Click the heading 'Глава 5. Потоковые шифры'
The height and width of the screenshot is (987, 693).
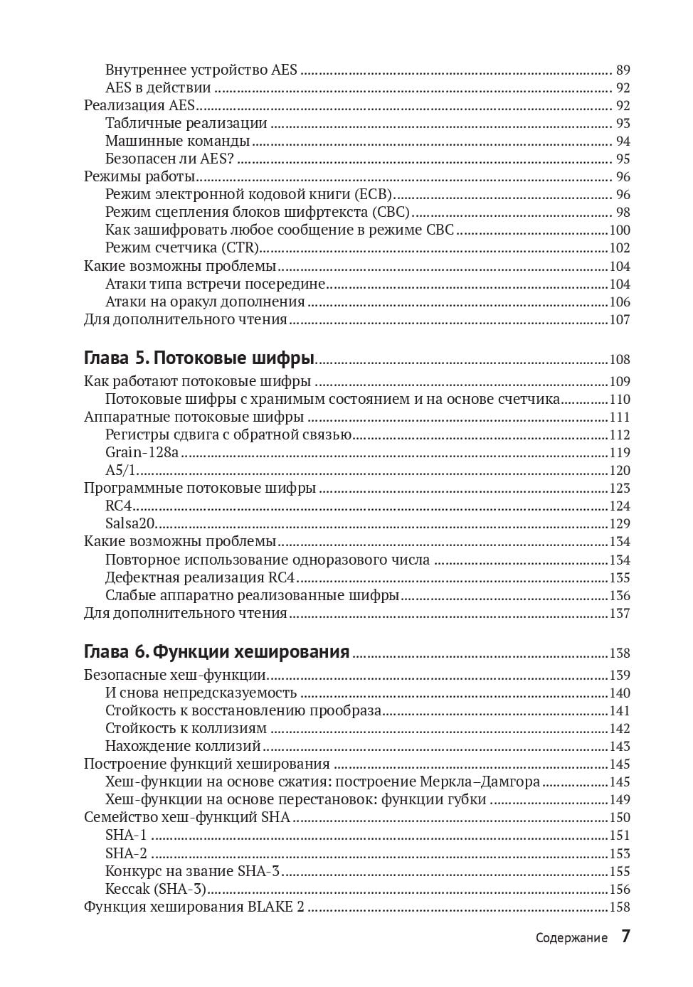point(199,358)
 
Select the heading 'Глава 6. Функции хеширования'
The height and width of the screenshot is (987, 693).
point(216,651)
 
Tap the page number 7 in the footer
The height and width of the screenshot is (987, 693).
point(625,936)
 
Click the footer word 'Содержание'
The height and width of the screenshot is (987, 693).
point(571,938)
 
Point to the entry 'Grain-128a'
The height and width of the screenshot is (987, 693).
point(142,452)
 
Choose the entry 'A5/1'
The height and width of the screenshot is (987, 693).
point(120,470)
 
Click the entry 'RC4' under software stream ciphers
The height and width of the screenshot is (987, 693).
point(119,506)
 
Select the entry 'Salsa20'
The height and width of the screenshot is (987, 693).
point(130,523)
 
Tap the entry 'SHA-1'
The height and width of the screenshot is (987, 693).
point(126,835)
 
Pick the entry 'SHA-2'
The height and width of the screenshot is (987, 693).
point(126,853)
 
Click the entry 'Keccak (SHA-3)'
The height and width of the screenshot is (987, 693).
point(155,889)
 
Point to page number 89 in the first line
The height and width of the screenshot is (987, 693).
point(623,70)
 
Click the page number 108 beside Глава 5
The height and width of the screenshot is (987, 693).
point(620,360)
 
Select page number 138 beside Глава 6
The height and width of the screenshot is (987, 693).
point(620,653)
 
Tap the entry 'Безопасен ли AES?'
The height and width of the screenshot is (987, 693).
point(169,159)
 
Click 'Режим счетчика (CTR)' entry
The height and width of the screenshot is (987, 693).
point(181,247)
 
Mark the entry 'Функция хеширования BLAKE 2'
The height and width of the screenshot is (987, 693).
point(194,907)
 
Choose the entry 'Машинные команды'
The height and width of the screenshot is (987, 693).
point(177,141)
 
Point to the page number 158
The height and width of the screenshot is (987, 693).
point(620,907)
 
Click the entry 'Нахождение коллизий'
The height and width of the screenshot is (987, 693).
point(183,746)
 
